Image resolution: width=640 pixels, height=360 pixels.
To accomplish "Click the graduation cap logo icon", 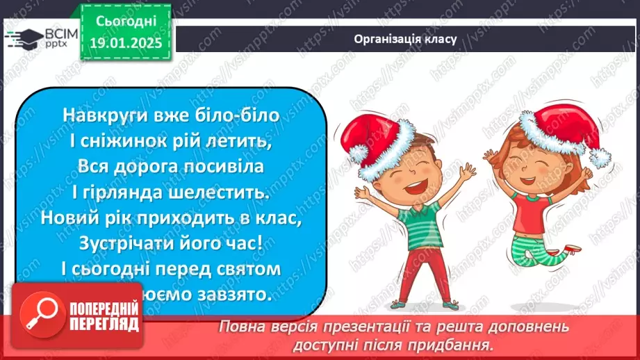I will tap(21, 37).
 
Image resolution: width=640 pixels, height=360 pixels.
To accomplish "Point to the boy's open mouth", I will tap(400, 185).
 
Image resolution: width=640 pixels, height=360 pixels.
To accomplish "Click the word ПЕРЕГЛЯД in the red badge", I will tap(104, 325).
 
